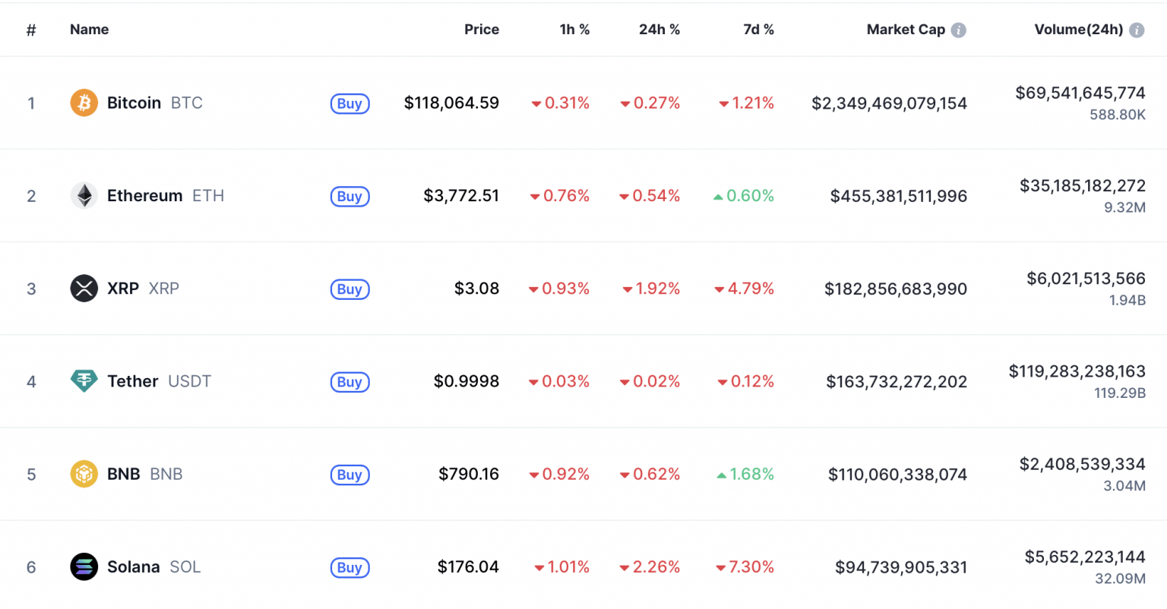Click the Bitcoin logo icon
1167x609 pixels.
tap(84, 103)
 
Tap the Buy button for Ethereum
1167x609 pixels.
tap(349, 197)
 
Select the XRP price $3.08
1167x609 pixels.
tap(476, 289)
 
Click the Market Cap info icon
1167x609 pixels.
tap(959, 30)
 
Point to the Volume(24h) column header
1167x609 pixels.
tap(1078, 30)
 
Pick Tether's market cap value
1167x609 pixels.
tap(897, 382)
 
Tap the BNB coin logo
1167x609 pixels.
tap(84, 475)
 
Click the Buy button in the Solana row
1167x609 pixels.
tap(349, 568)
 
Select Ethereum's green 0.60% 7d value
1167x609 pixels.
tap(744, 196)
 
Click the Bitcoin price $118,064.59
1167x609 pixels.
tap(451, 103)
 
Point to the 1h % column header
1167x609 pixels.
tap(574, 30)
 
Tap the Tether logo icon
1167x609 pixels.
tap(84, 381)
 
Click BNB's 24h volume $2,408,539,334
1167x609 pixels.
tap(1082, 464)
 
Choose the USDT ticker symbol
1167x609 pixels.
tap(189, 381)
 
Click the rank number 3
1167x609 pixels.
tap(31, 289)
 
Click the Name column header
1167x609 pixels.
tap(89, 30)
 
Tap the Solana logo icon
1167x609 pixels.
tap(84, 567)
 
